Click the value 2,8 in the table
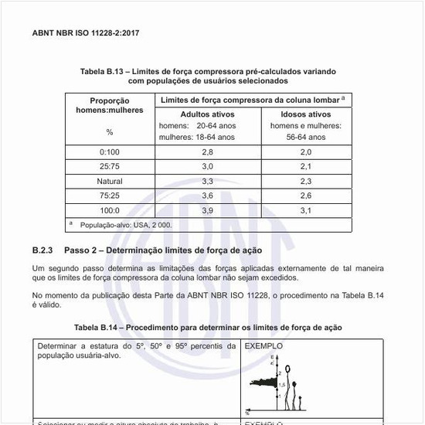pos(207,152)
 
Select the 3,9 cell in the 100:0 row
pos(207,210)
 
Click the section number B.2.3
pos(42,251)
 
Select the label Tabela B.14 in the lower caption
pos(98,328)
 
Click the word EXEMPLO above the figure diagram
pos(263,346)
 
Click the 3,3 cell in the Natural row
pos(207,181)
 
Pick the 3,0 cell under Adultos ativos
pos(207,166)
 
